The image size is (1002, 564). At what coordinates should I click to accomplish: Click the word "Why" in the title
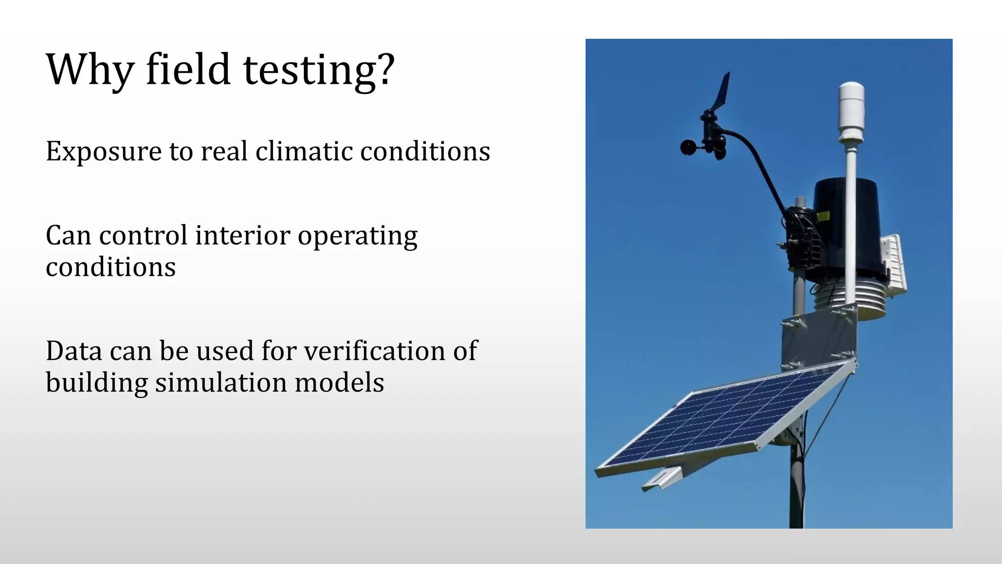90,70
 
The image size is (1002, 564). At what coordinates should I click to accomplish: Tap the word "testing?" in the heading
319,70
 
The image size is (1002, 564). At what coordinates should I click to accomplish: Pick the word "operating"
358,236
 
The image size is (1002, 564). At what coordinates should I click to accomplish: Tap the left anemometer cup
688,147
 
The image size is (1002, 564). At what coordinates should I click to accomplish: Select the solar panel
724,421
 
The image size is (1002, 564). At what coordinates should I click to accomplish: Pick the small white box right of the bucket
893,264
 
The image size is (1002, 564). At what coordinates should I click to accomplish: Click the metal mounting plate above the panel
817,338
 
